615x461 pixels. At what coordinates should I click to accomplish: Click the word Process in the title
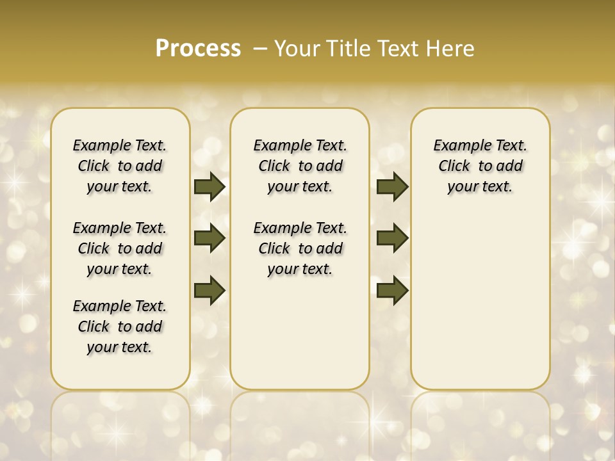click(198, 49)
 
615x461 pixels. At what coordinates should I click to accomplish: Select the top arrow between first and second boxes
click(209, 187)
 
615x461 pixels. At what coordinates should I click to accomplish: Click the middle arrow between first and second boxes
click(209, 239)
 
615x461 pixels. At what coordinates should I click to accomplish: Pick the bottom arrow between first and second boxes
click(209, 290)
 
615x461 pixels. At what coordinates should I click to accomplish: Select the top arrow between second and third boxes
click(392, 187)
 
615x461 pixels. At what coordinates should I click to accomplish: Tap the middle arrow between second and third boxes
click(392, 239)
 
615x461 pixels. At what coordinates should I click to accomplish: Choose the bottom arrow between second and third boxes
click(392, 290)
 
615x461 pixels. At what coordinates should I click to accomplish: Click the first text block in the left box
click(120, 166)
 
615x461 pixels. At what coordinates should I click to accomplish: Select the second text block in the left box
click(120, 248)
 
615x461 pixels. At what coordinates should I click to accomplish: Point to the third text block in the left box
click(120, 327)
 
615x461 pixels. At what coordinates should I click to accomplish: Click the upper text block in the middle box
click(300, 166)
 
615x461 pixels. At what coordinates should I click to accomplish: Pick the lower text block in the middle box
click(300, 248)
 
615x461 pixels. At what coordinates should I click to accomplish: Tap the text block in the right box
click(480, 166)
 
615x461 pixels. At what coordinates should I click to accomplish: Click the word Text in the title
click(400, 49)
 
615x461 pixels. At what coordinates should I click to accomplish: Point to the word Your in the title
click(297, 49)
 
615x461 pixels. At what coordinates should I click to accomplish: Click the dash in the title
click(260, 49)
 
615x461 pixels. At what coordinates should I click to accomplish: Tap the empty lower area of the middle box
click(300, 333)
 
